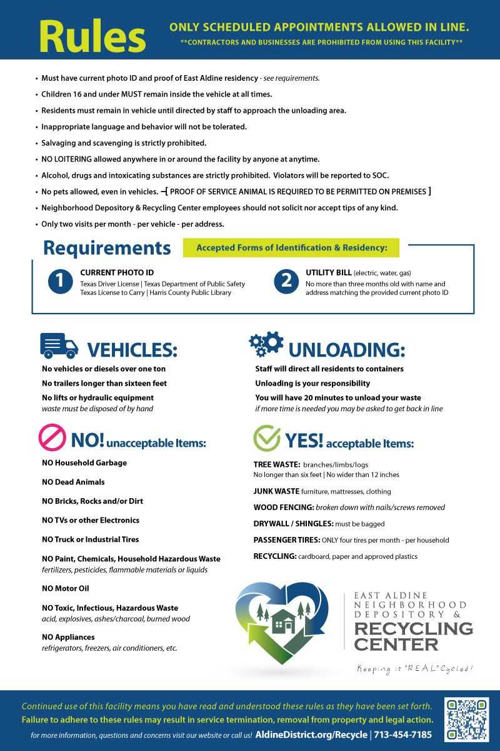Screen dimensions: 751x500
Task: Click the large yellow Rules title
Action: click(92, 37)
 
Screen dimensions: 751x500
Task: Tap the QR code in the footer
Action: click(467, 720)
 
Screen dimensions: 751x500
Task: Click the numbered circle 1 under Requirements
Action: click(60, 282)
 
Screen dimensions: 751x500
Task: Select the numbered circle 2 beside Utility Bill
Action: click(286, 282)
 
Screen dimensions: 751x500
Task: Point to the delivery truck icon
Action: click(59, 345)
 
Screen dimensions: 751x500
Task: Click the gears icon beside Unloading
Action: click(266, 344)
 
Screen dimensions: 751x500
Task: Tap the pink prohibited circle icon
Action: click(52, 438)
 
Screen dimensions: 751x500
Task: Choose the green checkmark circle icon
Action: click(266, 438)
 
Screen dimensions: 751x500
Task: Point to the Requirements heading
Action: click(107, 248)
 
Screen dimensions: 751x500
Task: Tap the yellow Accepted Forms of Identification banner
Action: click(291, 248)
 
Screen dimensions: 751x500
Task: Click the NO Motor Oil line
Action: click(65, 588)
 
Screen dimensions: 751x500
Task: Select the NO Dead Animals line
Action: click(73, 482)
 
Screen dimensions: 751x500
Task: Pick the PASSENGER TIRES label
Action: click(287, 539)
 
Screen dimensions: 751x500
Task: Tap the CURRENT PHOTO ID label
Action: click(117, 273)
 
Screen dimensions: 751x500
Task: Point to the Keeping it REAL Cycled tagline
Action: click(414, 668)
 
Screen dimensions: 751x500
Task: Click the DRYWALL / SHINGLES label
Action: click(293, 523)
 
